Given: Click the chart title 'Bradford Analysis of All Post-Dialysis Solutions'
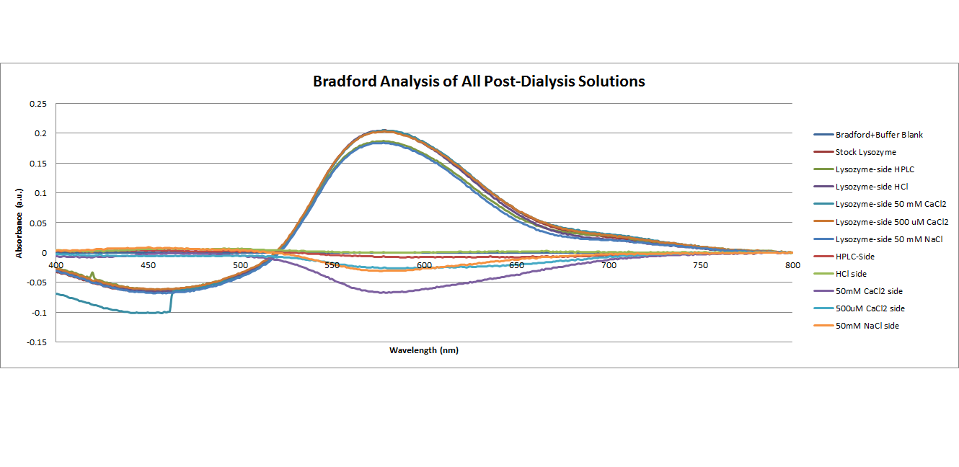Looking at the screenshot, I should pos(479,81).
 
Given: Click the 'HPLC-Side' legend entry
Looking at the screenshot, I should pos(855,256).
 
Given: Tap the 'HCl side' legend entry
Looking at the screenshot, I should pos(852,274).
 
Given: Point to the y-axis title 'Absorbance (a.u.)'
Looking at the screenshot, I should pos(19,223).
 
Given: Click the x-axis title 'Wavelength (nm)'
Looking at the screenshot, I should pos(424,350).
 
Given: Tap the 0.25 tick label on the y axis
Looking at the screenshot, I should pos(37,104).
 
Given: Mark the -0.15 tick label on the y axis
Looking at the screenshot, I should pos(36,342).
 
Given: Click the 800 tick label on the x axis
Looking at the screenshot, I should pos(792,265).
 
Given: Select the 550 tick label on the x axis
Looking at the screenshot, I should pos(332,265).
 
